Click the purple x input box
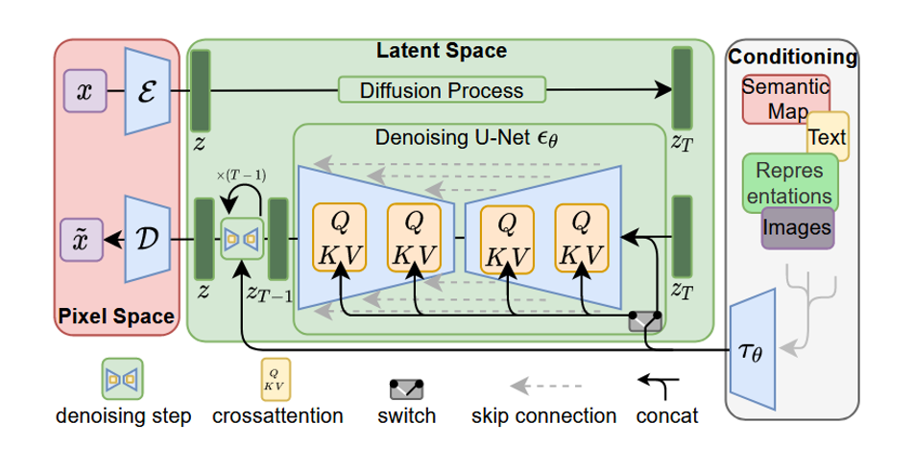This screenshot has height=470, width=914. tap(84, 91)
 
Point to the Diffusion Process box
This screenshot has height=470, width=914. tap(442, 90)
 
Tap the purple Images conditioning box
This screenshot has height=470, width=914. tap(797, 228)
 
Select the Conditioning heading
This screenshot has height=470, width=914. tap(792, 57)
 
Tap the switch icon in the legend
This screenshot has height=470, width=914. tap(407, 388)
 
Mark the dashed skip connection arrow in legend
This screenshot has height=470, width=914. tap(545, 388)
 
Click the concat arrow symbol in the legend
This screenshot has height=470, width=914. tap(662, 386)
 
